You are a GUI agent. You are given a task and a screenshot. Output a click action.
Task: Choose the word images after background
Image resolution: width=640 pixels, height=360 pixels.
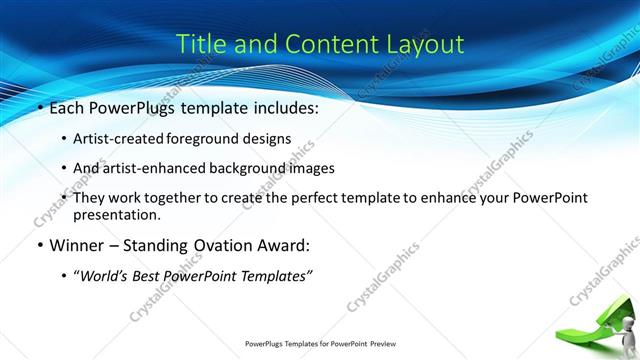click(x=328, y=168)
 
